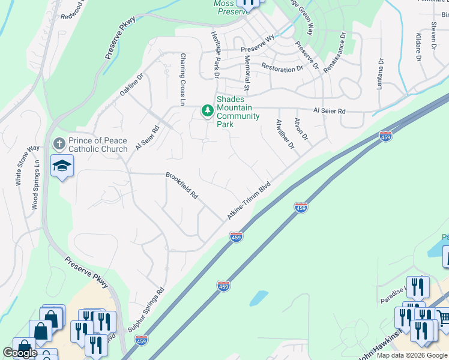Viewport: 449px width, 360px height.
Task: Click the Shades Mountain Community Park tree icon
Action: click(208, 110)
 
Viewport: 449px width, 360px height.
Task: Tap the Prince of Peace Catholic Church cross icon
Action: click(59, 144)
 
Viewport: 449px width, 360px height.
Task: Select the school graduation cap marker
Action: click(62, 166)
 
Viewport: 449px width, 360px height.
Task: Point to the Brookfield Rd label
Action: click(182, 185)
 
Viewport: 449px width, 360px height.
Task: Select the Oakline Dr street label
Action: click(132, 85)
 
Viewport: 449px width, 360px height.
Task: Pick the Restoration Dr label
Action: click(282, 69)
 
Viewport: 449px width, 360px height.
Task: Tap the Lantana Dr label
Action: click(379, 74)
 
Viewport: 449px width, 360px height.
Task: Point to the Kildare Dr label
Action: click(418, 47)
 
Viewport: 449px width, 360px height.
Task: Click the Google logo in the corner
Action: click(20, 352)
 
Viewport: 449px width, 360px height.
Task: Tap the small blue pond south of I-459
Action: click(258, 298)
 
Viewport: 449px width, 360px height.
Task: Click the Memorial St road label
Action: click(247, 70)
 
